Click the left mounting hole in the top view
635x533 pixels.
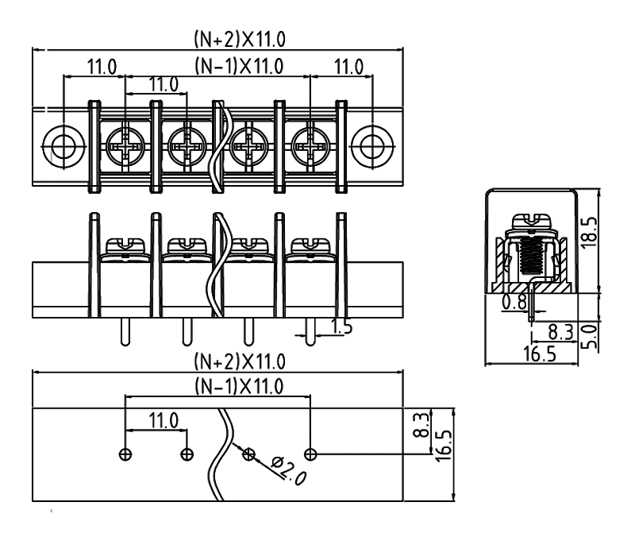coord(61,145)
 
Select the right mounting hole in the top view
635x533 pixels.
coord(371,145)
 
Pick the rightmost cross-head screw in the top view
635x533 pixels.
coord(310,145)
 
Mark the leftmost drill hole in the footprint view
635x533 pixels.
coord(125,454)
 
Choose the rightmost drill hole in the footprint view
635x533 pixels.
coord(310,454)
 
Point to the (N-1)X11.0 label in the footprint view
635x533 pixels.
coord(217,386)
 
